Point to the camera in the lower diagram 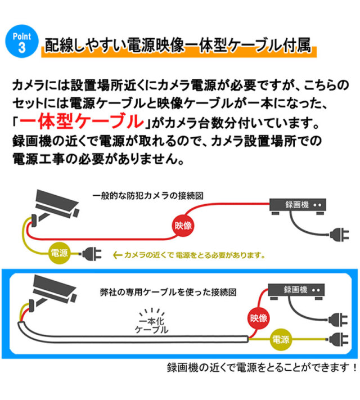tap(52, 289)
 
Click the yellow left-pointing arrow tap(118, 254)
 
